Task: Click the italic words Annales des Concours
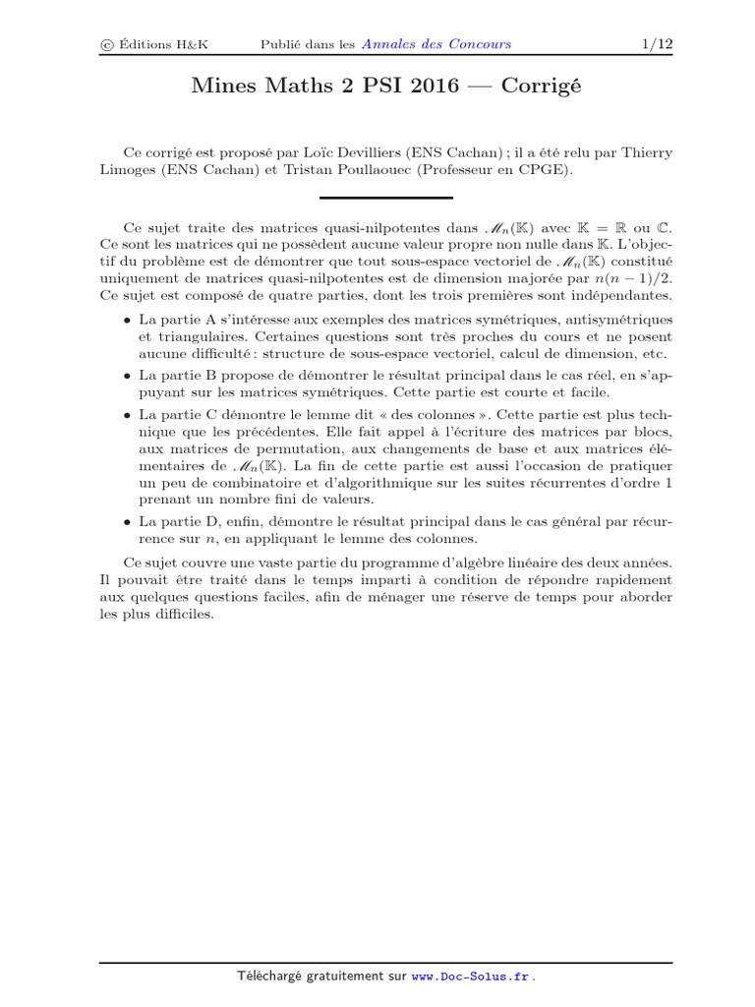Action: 436,44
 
